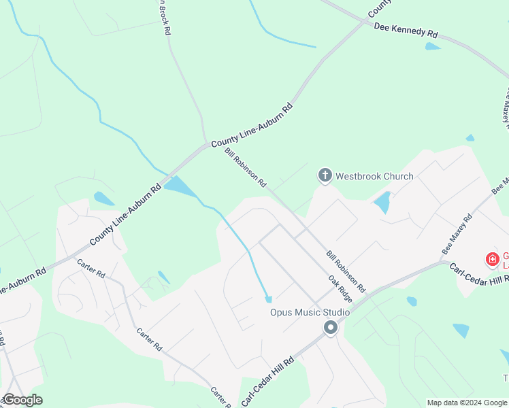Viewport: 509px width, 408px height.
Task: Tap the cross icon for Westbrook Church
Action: tap(325, 176)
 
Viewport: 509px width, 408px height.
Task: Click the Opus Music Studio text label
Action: tap(310, 312)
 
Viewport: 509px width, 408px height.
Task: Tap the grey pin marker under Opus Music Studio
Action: tap(331, 328)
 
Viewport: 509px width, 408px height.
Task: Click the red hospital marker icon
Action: tap(491, 259)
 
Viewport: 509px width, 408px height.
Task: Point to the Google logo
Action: tap(22, 400)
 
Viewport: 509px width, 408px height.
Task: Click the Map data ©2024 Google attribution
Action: tap(467, 403)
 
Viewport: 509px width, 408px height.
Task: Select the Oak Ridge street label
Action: tap(340, 288)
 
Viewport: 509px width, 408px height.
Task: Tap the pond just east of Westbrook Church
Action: tap(382, 202)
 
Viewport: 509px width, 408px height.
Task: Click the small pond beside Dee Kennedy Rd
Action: tap(432, 46)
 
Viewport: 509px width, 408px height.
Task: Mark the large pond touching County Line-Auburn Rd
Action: tap(180, 186)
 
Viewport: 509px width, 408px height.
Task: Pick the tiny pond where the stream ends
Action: tap(268, 299)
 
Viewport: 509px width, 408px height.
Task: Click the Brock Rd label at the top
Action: tap(164, 18)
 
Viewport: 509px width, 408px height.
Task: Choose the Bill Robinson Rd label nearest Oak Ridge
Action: tap(346, 270)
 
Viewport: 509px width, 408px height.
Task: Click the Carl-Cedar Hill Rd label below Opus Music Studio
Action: tap(268, 381)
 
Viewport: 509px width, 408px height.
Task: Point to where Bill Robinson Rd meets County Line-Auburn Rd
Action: tap(207, 144)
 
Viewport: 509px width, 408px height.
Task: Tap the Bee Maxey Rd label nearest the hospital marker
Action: tap(457, 235)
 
